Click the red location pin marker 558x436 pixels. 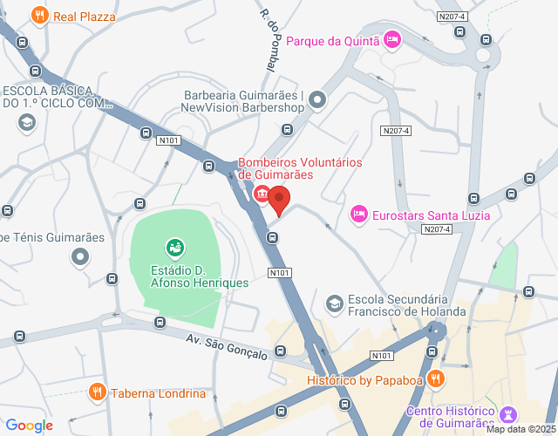(x=279, y=200)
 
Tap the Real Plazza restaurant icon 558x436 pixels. (x=39, y=16)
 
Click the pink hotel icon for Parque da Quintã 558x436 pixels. (x=392, y=38)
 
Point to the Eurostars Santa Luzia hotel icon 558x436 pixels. (x=358, y=214)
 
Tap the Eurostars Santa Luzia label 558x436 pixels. (x=431, y=215)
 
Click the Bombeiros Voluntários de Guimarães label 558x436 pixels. (x=300, y=168)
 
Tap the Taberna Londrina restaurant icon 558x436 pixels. (x=97, y=392)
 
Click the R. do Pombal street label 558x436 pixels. (x=271, y=38)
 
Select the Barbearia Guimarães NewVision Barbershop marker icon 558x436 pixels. (x=316, y=101)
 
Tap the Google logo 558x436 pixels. (x=29, y=426)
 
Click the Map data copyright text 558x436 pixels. (x=521, y=429)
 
